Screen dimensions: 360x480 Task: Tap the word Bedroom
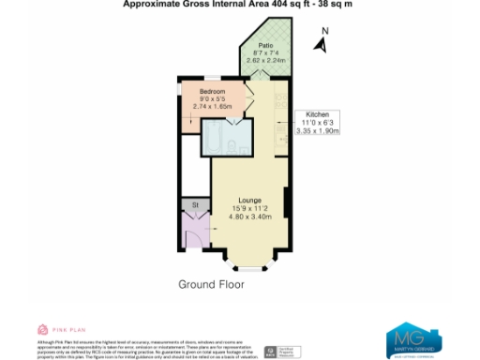tap(211, 91)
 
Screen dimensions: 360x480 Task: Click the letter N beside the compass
tap(324, 30)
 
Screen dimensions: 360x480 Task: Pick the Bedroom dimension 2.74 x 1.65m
tap(211, 107)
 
